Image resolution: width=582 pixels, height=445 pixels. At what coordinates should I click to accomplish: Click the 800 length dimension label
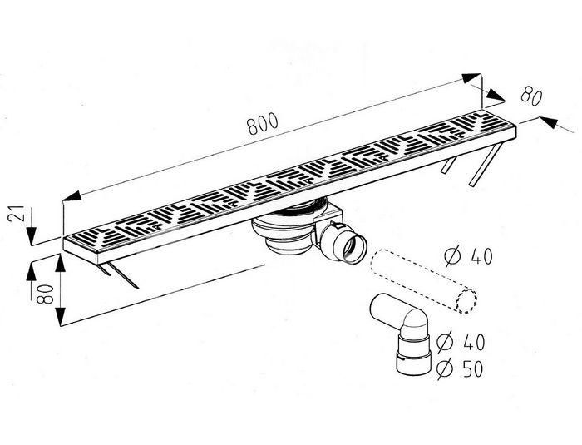(x=263, y=123)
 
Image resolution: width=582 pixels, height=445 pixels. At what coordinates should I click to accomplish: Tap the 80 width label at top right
(x=531, y=96)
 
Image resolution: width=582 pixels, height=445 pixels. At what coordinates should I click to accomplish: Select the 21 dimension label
(x=16, y=214)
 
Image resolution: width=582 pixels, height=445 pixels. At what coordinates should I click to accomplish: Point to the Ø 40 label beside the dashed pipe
(x=469, y=256)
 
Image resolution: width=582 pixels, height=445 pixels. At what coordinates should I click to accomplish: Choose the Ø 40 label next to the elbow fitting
(x=461, y=342)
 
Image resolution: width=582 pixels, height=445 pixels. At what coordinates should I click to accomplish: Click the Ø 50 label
(x=461, y=368)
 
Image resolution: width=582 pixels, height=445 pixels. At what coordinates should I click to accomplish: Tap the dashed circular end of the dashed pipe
(x=466, y=300)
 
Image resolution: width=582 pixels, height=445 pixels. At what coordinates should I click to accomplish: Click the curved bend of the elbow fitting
(x=415, y=321)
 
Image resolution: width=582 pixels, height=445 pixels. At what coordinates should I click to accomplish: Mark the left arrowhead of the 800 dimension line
(x=72, y=195)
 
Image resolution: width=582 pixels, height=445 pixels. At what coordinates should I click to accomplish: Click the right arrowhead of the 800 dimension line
(x=471, y=78)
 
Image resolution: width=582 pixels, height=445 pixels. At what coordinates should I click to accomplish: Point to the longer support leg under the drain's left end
(x=123, y=274)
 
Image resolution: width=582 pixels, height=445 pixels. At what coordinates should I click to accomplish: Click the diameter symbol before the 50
(x=445, y=368)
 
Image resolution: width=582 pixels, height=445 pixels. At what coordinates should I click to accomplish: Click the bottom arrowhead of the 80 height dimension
(x=61, y=317)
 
